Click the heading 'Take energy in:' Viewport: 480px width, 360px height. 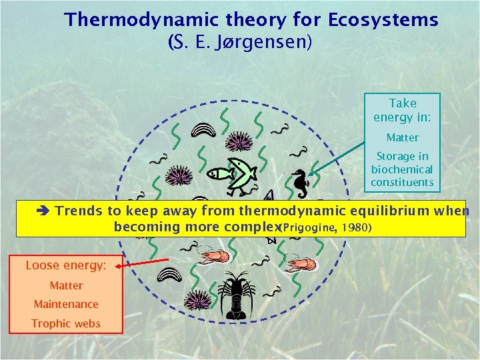[x=402, y=110]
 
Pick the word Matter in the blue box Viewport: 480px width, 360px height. [x=403, y=138]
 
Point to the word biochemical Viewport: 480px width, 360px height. [x=402, y=169]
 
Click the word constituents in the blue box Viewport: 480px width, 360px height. [x=402, y=182]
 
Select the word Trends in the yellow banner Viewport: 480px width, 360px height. [x=79, y=211]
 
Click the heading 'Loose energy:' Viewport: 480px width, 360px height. [x=65, y=265]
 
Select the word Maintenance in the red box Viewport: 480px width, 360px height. [x=66, y=304]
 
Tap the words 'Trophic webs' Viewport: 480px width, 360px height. [x=66, y=323]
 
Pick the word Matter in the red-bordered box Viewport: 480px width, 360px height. [x=66, y=285]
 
